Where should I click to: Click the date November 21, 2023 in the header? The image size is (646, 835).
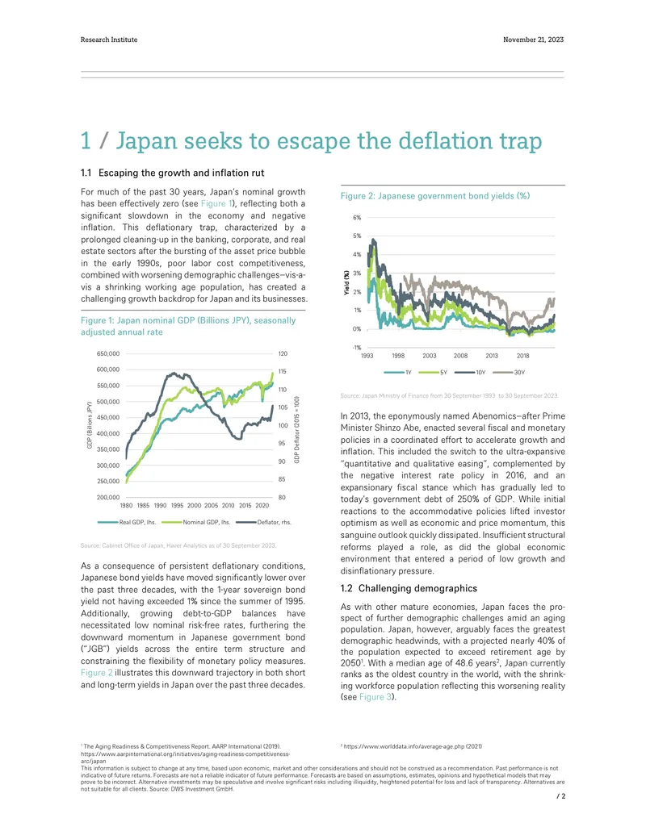point(533,40)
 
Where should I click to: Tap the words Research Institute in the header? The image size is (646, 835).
point(109,40)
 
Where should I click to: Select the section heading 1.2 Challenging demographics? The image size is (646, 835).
point(409,588)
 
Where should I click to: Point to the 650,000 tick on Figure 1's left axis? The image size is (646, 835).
point(108,353)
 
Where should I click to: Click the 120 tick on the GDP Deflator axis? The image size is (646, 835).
point(283,353)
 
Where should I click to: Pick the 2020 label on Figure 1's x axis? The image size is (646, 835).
point(262,505)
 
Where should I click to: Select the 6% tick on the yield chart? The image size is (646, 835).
point(357,217)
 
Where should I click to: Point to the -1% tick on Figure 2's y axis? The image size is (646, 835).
point(357,347)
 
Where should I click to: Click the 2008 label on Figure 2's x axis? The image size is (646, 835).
point(460,356)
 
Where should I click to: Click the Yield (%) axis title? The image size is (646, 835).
point(346,282)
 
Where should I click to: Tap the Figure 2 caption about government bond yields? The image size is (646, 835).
point(435,196)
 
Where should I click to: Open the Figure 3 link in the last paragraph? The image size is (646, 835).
point(375,697)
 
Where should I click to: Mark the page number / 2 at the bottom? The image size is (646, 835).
point(560,796)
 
